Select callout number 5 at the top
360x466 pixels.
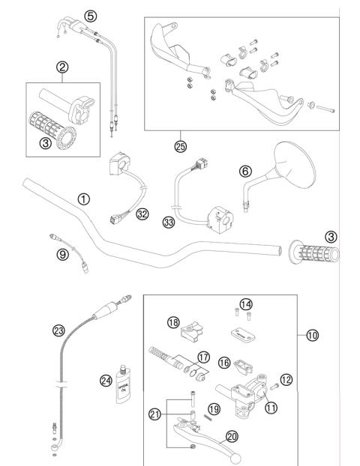coord(90,15)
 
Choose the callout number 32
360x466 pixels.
coord(141,214)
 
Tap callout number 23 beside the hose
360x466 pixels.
coord(59,328)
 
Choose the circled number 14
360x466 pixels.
coord(247,303)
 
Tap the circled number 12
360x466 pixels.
coord(285,379)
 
